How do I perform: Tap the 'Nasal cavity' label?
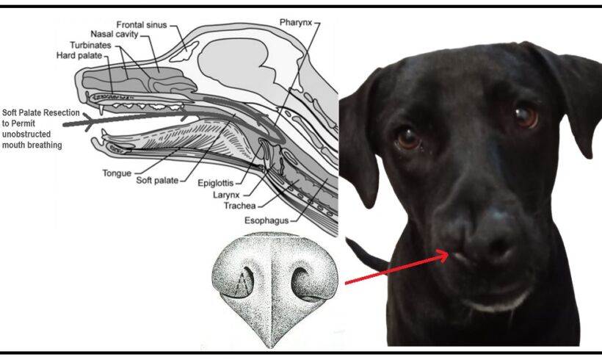pyautogui.click(x=115, y=34)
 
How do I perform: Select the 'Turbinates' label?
pyautogui.click(x=100, y=44)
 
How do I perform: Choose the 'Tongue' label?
pyautogui.click(x=117, y=173)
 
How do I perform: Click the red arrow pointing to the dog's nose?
pyautogui.click(x=397, y=268)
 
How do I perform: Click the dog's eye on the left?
pyautogui.click(x=407, y=137)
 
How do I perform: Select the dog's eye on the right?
pyautogui.click(x=524, y=115)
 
